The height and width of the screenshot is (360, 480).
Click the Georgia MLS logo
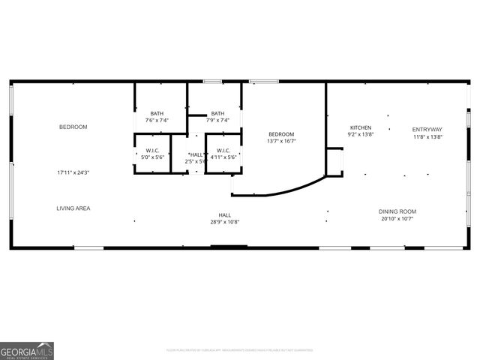(27, 351)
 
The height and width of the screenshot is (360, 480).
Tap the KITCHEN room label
(361, 127)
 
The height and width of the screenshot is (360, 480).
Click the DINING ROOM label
(397, 211)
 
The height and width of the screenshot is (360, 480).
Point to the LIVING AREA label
(73, 208)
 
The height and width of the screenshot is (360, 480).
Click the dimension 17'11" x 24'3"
(73, 172)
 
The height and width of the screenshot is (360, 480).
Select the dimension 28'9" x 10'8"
(229, 222)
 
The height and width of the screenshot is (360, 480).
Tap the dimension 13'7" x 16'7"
(281, 141)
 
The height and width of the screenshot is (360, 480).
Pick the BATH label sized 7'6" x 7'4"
(157, 113)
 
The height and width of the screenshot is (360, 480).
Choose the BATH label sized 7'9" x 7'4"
(217, 113)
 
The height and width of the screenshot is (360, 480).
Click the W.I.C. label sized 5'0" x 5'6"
(153, 151)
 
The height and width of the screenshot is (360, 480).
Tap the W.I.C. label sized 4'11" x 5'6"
(222, 151)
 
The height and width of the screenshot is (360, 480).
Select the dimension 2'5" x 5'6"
(196, 161)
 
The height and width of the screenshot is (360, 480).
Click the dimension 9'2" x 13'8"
(360, 135)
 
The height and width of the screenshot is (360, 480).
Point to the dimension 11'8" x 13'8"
(427, 137)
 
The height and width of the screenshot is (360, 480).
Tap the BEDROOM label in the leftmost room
(73, 127)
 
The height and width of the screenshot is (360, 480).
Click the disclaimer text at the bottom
(240, 349)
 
